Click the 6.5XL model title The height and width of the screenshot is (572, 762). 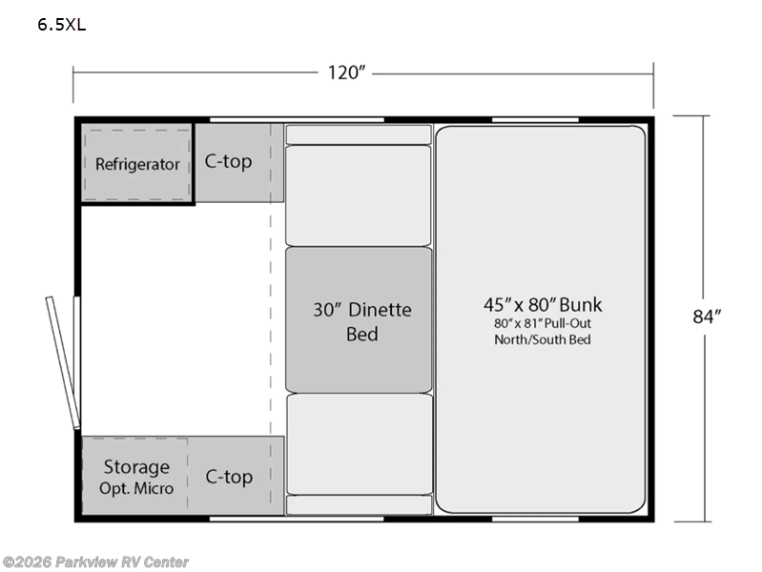[62, 25]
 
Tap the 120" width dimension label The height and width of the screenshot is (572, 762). [346, 72]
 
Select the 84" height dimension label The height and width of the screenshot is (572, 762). [707, 317]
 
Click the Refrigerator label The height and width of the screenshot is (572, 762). [137, 164]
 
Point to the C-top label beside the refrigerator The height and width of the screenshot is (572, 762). [228, 161]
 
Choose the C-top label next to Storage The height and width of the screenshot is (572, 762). [229, 477]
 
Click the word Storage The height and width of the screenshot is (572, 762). [136, 467]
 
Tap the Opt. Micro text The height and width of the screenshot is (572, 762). [136, 488]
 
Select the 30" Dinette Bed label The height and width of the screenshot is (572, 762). [362, 321]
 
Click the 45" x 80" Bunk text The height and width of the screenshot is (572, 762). [543, 305]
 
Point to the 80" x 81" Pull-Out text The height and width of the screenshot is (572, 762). [543, 324]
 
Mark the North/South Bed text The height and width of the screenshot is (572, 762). [543, 339]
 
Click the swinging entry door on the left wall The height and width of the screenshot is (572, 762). [63, 362]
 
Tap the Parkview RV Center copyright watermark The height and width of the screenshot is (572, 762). [95, 562]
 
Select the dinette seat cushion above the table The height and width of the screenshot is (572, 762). [359, 195]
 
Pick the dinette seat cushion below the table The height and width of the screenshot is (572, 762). [360, 444]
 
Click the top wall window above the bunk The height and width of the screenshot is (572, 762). [535, 119]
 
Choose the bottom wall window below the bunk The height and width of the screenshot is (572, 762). [535, 519]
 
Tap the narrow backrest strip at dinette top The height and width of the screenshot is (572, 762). [359, 134]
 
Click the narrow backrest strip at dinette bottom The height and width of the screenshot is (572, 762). [360, 505]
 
